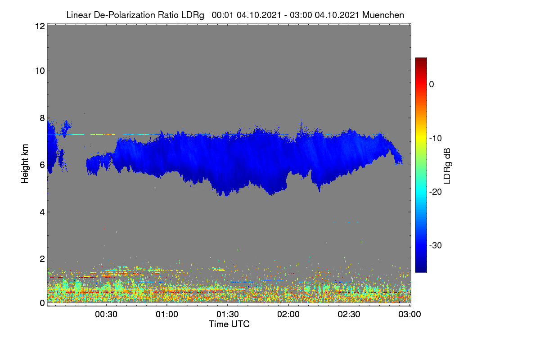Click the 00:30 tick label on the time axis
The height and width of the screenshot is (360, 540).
(x=106, y=315)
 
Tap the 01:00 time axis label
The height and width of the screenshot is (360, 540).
(x=167, y=315)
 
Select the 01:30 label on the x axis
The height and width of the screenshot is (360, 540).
(x=228, y=315)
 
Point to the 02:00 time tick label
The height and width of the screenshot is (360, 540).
(x=288, y=315)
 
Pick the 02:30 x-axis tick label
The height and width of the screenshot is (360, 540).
(x=349, y=315)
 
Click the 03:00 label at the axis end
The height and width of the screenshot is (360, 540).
(x=409, y=315)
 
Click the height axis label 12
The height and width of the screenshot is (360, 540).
(x=40, y=26)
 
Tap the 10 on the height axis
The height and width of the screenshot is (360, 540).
(x=40, y=71)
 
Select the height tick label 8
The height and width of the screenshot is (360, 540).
(x=42, y=118)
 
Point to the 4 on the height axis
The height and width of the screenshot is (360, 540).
(x=42, y=212)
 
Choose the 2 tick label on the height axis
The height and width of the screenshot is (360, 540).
(x=42, y=259)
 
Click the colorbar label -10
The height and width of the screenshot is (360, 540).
(x=436, y=139)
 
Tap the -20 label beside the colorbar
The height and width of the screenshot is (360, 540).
(x=436, y=192)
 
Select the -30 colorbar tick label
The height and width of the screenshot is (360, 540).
(x=436, y=245)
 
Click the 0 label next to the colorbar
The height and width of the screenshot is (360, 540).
(x=432, y=85)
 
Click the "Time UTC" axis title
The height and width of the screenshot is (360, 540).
(x=229, y=324)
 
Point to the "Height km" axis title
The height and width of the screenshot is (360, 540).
(x=25, y=164)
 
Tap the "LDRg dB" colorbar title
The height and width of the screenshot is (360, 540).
(x=447, y=166)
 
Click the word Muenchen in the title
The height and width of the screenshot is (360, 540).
(x=383, y=15)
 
